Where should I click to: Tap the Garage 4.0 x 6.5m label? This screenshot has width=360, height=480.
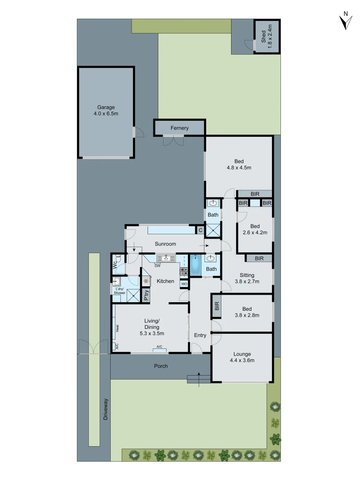click(x=106, y=110)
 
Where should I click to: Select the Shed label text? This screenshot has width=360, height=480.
click(x=266, y=36)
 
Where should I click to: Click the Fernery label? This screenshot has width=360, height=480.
click(x=180, y=128)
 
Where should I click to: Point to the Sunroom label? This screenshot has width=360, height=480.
click(x=165, y=244)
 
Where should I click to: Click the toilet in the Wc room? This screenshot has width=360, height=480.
click(x=118, y=258)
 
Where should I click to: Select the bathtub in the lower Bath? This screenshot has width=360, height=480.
click(x=196, y=265)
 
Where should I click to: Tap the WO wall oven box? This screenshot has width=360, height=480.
click(x=184, y=284)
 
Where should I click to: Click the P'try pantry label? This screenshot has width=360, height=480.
click(x=147, y=296)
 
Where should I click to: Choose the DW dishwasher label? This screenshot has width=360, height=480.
click(x=157, y=266)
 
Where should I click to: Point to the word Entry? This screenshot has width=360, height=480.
click(x=200, y=336)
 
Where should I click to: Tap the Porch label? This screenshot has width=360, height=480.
click(x=161, y=366)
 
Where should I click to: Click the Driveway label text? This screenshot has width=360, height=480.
click(x=106, y=409)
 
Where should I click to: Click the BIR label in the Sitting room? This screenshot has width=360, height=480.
click(x=260, y=258)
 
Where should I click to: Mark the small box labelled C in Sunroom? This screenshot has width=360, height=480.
click(x=200, y=230)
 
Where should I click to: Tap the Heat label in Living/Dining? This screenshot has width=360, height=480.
click(x=117, y=329)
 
